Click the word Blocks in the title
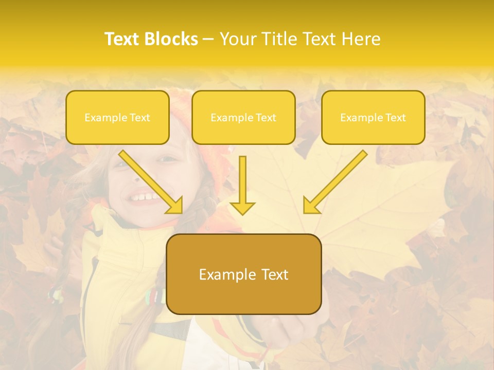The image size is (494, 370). (171, 39)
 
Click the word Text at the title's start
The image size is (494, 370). (122, 39)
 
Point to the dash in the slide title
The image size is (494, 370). (208, 40)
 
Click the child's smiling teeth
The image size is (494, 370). (145, 196)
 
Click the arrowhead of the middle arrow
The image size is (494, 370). (242, 207)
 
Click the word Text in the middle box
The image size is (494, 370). (266, 118)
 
